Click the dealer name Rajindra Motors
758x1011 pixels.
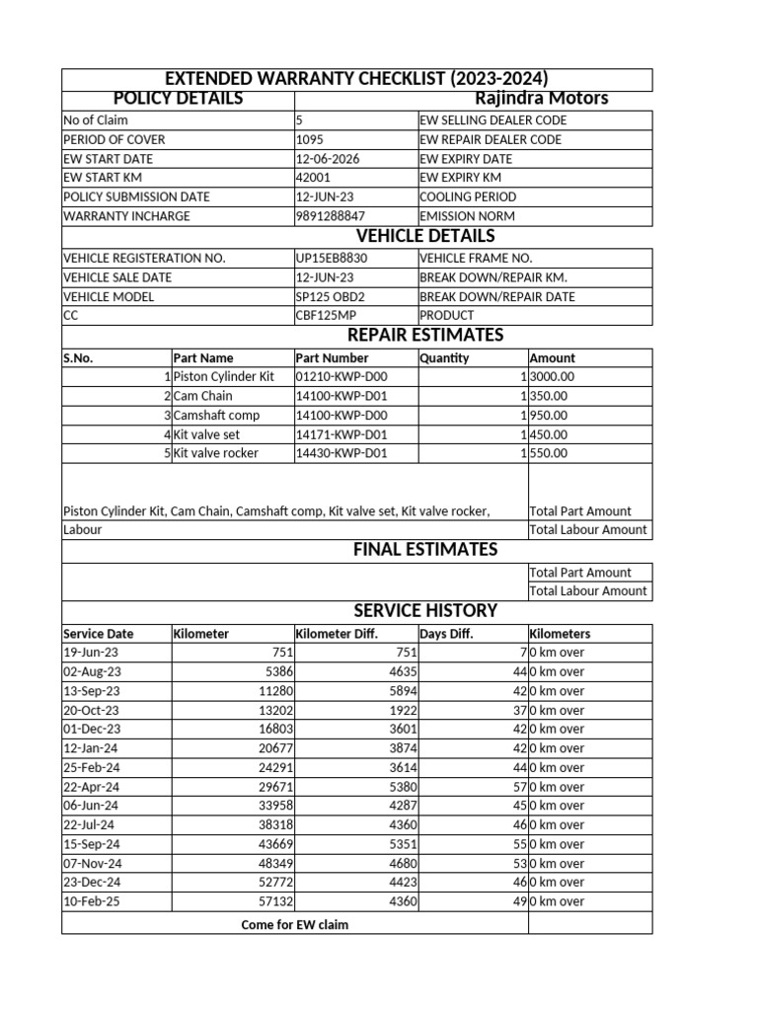[541, 99]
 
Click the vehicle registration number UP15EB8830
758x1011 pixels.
[331, 258]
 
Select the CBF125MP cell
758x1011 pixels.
[325, 316]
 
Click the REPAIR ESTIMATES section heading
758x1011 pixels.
[424, 336]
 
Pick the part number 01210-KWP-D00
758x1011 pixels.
[341, 377]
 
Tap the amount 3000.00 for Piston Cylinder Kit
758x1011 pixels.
[552, 377]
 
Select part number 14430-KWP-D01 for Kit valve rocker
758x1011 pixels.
[341, 454]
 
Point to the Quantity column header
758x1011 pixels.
[444, 358]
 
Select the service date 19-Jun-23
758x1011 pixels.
[91, 653]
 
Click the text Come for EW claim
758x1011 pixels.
[294, 925]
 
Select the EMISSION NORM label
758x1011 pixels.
[461, 216]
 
